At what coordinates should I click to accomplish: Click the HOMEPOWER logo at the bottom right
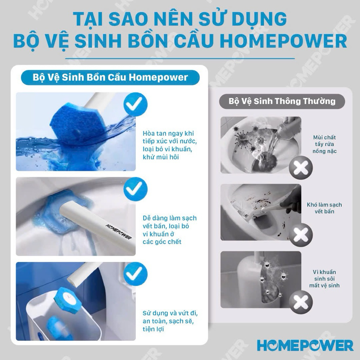pos(305,346)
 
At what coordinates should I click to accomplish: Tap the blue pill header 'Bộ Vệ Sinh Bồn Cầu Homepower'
pos(110,78)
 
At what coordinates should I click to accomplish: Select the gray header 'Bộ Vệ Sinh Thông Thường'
pos(282,101)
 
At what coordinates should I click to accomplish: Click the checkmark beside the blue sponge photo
pos(135,104)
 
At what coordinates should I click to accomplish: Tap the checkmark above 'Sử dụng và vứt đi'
pos(135,274)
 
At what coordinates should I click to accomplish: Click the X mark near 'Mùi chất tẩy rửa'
pos(301,168)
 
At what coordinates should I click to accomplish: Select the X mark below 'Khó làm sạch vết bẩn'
pos(301,235)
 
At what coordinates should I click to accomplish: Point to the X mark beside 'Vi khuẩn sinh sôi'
pos(301,302)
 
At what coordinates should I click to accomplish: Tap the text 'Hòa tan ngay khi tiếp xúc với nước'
pos(170,137)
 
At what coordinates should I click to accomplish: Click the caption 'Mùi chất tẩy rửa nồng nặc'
pos(324,144)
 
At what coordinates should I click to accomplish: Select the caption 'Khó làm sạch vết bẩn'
pos(324,208)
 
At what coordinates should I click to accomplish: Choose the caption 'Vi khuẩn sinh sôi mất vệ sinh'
pos(324,279)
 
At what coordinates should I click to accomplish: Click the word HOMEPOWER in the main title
pos(283,41)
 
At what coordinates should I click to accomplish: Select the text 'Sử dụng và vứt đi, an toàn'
pos(170,317)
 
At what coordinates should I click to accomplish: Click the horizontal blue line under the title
pos(180,59)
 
